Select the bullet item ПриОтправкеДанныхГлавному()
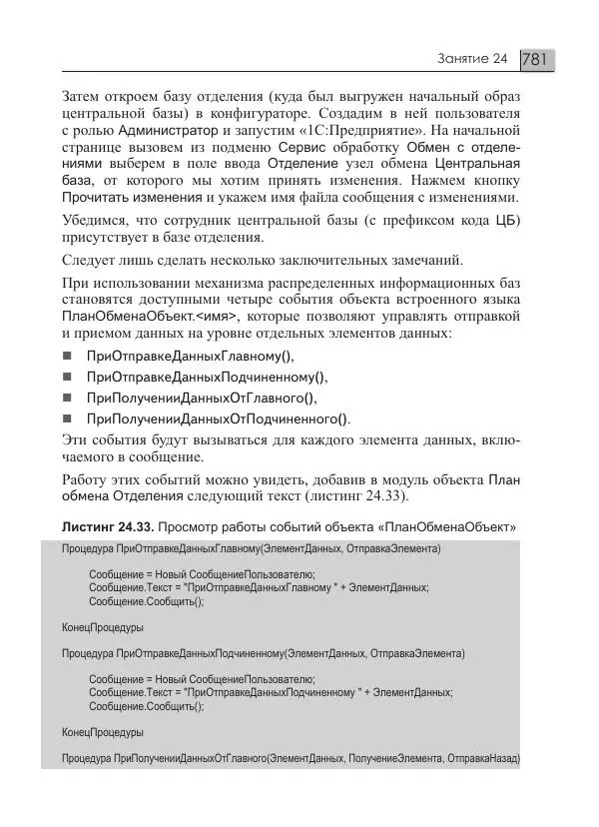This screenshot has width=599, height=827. click(191, 357)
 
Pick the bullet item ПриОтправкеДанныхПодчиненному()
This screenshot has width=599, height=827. click(207, 378)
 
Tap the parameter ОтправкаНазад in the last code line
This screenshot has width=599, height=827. click(484, 759)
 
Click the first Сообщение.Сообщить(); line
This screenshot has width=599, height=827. click(146, 602)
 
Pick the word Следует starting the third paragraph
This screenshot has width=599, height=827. click(88, 263)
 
